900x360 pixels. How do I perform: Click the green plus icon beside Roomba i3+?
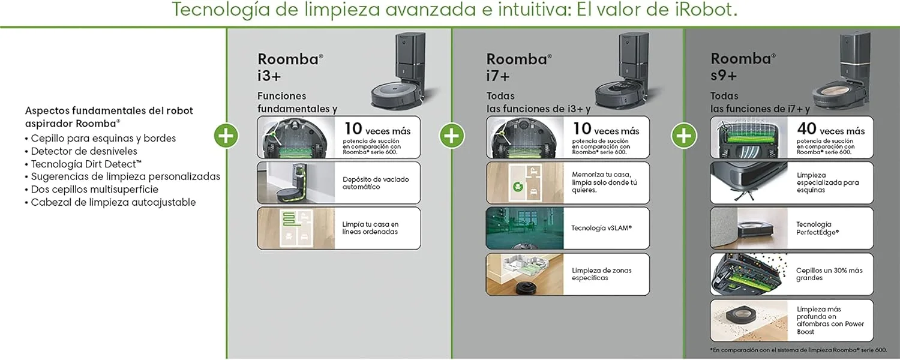tap(226, 136)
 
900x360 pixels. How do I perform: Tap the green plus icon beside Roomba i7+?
tap(452, 136)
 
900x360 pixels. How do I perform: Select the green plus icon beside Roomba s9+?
tap(684, 136)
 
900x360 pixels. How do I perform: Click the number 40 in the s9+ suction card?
tap(806, 128)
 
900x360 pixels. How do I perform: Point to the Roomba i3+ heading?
tap(290, 67)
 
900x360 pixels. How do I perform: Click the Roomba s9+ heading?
tap(743, 67)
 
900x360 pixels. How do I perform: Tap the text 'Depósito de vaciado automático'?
tap(376, 183)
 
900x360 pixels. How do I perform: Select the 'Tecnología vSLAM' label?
tap(601, 228)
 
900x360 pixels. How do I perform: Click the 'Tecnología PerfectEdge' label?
tap(818, 228)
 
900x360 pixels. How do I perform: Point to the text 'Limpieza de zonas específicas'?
tap(601, 274)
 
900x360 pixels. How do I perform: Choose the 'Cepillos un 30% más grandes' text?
tap(829, 274)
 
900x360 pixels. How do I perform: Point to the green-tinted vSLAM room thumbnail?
tap(525, 228)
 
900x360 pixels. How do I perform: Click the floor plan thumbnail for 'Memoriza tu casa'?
tap(525, 183)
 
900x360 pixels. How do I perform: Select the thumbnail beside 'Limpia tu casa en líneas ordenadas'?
tap(296, 228)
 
